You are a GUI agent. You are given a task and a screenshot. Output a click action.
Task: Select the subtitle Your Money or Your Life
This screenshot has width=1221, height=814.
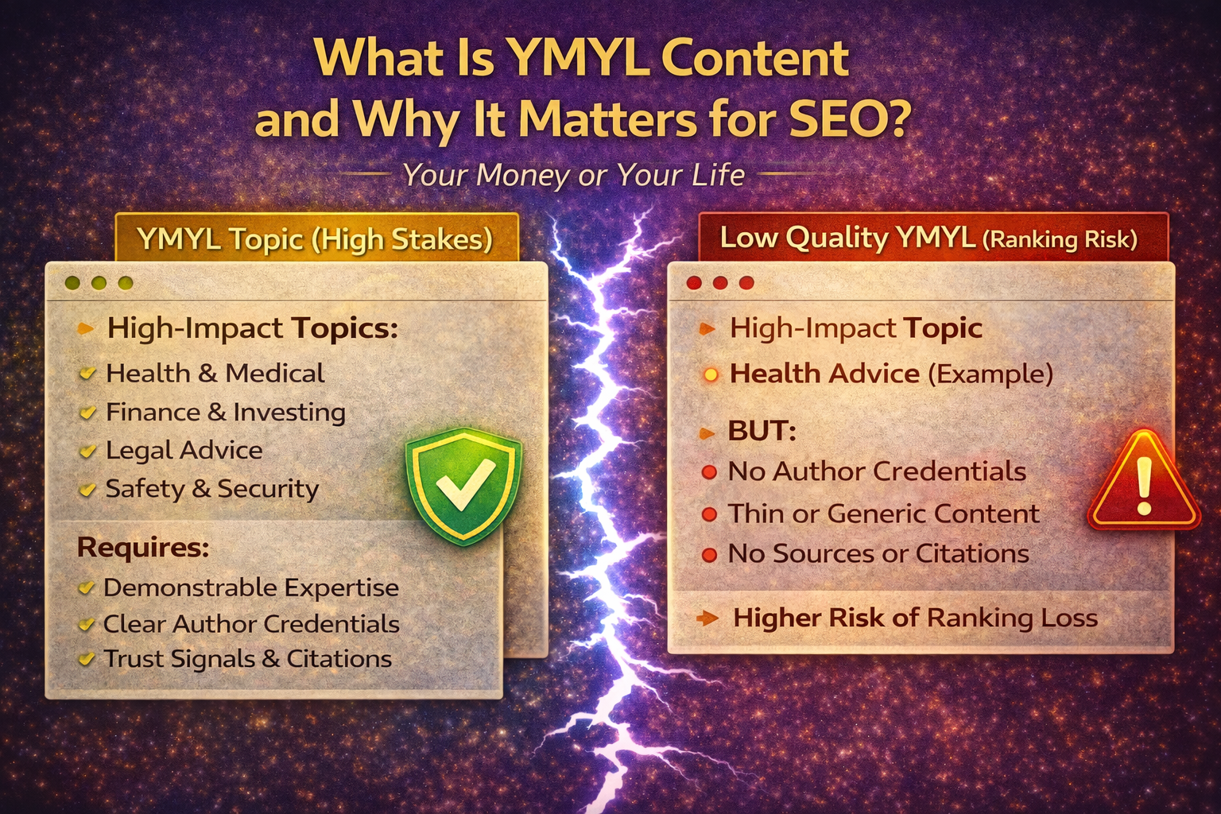573,175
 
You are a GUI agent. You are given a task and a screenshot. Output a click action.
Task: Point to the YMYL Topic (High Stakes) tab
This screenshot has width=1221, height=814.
316,238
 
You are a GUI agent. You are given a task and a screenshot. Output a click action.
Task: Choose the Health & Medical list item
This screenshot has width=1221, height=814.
215,373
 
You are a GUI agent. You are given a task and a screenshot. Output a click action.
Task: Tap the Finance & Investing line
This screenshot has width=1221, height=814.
225,412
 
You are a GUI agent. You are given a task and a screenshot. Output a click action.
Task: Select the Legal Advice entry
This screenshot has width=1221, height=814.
184,450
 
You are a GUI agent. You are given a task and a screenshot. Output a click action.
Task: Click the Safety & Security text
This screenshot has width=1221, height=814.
211,488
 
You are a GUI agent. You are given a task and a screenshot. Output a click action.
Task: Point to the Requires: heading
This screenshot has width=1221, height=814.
143,547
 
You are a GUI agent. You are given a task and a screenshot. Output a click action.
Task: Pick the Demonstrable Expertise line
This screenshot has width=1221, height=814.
250,587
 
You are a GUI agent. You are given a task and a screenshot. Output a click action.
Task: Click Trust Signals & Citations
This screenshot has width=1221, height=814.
247,659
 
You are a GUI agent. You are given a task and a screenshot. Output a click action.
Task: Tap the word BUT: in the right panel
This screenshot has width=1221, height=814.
762,431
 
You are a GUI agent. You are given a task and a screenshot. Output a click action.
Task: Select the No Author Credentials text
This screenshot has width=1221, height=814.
877,471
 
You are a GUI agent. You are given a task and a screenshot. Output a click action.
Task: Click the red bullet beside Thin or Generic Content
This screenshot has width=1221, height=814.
709,514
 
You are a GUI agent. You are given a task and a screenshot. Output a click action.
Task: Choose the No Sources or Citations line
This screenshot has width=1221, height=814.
878,553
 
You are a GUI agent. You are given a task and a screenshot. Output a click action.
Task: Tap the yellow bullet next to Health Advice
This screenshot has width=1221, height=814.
711,374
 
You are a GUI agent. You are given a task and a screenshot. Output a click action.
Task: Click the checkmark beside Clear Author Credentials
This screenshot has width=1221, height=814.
86,625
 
